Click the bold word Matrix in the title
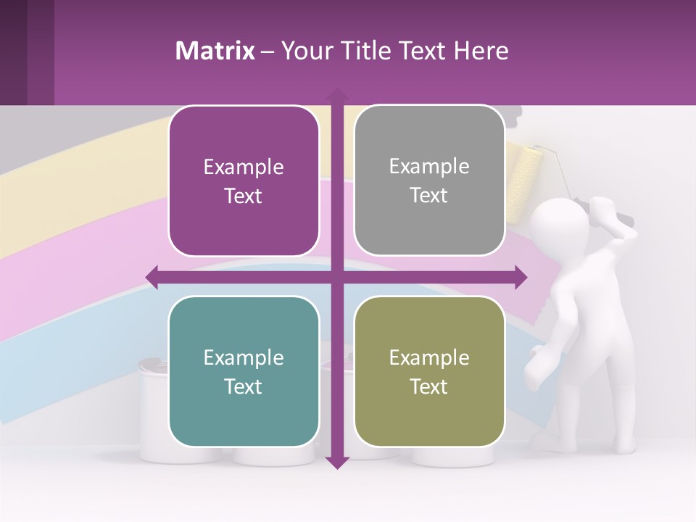click(215, 51)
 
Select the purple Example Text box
click(244, 181)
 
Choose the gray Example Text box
click(429, 181)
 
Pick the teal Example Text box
click(244, 371)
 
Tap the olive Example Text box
click(429, 371)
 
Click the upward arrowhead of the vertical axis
click(336, 95)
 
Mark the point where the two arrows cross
click(336, 277)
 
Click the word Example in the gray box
click(429, 167)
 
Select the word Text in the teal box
click(244, 386)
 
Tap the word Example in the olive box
click(429, 357)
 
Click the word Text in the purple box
click(244, 196)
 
